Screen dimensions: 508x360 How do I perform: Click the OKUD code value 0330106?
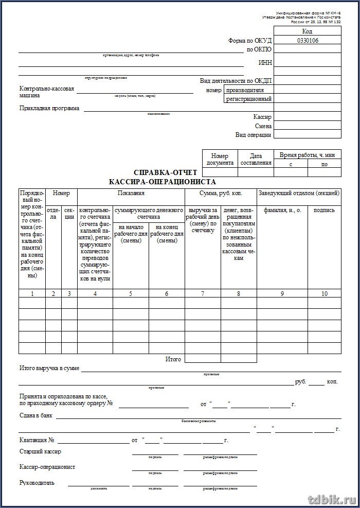(308, 40)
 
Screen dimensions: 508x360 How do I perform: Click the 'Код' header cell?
(308, 31)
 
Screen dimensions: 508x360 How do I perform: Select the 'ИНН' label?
(265, 63)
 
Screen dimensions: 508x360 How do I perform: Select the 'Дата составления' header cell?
(256, 160)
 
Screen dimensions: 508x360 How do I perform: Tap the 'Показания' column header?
(131, 194)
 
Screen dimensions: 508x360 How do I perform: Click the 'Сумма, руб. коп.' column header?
(221, 194)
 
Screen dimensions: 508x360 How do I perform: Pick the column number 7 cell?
(203, 294)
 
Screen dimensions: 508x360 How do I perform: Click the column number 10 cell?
(324, 294)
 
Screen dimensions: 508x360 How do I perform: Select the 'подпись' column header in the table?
(324, 210)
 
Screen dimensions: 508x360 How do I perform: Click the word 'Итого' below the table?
(173, 359)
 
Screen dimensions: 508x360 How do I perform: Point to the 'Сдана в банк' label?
(36, 416)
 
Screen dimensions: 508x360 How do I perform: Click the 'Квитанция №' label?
(37, 441)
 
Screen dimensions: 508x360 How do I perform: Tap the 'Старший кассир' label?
(40, 452)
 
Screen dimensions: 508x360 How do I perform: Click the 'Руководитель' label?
(37, 483)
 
